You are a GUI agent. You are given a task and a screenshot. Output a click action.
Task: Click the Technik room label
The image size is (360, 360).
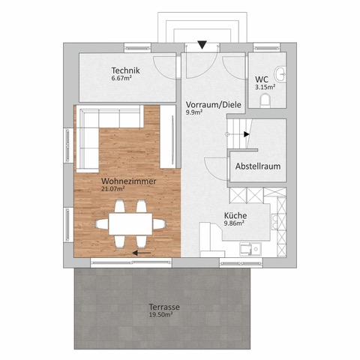click(x=125, y=70)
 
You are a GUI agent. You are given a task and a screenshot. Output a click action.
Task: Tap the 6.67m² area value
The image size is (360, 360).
click(x=121, y=78)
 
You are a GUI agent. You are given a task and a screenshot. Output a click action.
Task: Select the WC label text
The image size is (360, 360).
click(x=262, y=79)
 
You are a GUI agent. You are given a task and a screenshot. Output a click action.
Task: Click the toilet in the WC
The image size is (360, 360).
click(x=265, y=100)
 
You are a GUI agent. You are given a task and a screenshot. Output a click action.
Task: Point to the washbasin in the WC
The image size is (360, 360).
click(x=280, y=73)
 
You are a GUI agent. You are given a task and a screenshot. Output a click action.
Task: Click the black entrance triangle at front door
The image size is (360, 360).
click(x=202, y=45)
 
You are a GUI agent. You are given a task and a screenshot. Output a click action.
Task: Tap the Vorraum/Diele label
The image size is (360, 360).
click(x=214, y=104)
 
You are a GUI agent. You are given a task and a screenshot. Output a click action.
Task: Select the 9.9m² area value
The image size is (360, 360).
click(x=193, y=112)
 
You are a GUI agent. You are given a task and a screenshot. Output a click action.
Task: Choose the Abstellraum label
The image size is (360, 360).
click(x=258, y=166)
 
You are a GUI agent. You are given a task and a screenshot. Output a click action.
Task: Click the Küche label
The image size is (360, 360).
click(x=235, y=215)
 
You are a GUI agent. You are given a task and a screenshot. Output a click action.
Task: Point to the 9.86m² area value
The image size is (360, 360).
click(x=234, y=223)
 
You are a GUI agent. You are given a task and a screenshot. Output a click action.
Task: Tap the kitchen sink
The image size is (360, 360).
click(x=250, y=249)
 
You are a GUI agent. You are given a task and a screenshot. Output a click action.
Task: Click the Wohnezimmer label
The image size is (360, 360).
click(x=129, y=181)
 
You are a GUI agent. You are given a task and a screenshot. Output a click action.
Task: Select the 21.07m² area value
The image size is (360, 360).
click(x=113, y=189)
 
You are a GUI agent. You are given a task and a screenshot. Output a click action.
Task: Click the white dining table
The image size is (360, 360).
click(x=130, y=223)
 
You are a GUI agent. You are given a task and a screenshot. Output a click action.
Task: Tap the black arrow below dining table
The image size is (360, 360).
click(x=142, y=253)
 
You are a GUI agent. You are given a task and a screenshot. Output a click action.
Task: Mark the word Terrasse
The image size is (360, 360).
click(x=164, y=307)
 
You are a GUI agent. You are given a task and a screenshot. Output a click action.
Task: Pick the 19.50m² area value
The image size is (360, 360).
click(x=160, y=314)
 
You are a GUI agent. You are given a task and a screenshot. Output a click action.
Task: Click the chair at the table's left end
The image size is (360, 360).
click(x=103, y=223)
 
